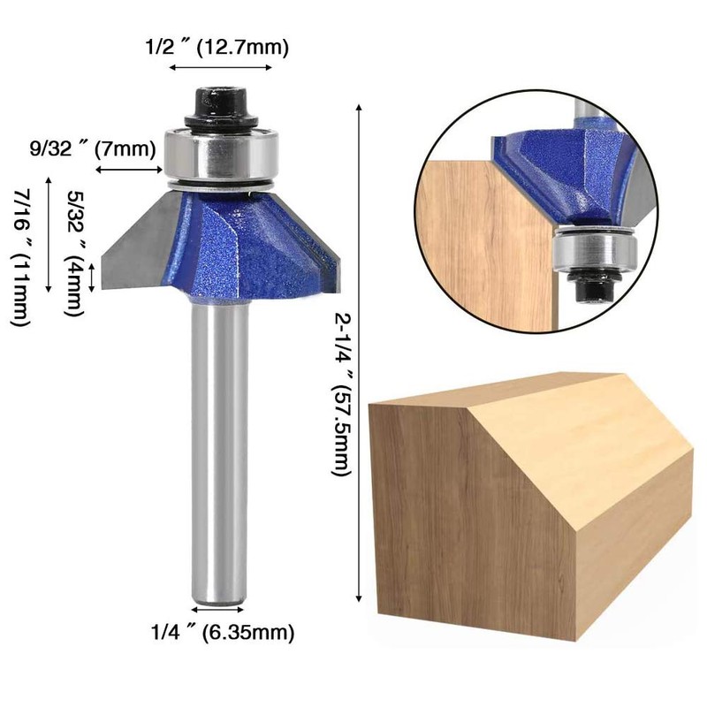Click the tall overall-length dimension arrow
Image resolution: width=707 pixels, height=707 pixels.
click(x=359, y=353)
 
